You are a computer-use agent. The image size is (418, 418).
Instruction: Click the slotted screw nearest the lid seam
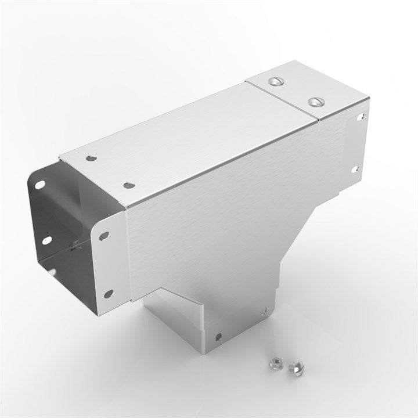pyautogui.click(x=275, y=81)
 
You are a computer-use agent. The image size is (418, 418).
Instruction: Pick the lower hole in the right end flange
pyautogui.click(x=355, y=169)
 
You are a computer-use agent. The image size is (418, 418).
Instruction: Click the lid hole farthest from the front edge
pyautogui.click(x=91, y=158)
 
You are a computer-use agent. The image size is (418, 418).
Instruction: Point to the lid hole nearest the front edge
pyautogui.click(x=128, y=185)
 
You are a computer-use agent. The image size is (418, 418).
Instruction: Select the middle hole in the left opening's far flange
pyautogui.click(x=45, y=239)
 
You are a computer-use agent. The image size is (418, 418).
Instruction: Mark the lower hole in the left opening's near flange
pyautogui.click(x=108, y=294)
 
